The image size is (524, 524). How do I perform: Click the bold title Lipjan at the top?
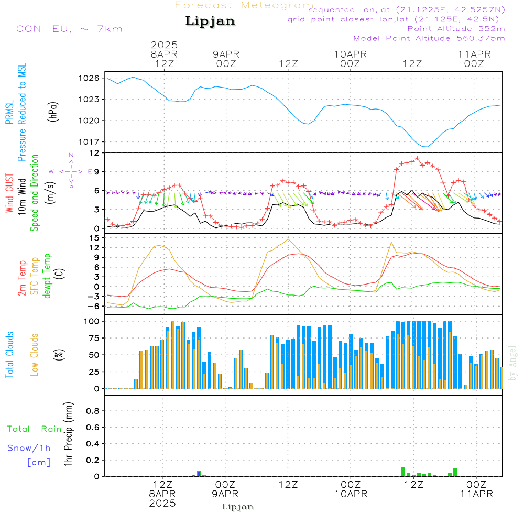[x=210, y=21]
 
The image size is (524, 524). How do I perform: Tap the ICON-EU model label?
[x=42, y=29]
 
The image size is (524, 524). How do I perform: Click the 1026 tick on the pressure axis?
[x=89, y=78]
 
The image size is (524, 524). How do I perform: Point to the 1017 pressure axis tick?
[x=89, y=142]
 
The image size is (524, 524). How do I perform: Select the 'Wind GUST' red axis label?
[x=9, y=193]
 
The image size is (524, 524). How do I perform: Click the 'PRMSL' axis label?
[x=9, y=112]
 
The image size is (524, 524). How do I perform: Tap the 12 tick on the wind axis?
[x=95, y=153]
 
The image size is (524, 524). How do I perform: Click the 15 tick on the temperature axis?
[x=95, y=238]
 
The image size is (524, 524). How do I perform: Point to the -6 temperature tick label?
[x=93, y=306]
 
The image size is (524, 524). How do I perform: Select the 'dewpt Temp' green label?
[x=47, y=276]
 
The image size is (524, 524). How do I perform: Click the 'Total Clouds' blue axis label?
[x=9, y=355]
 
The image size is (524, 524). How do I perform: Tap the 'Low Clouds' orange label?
[x=35, y=355]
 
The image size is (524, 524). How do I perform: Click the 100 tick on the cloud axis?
[x=92, y=322]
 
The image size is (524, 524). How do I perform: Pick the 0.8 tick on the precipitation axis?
[x=93, y=411]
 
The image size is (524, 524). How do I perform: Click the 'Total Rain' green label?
[x=35, y=429]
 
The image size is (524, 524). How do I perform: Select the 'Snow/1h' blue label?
[x=29, y=448]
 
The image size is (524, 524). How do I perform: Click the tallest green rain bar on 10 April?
[x=403, y=472]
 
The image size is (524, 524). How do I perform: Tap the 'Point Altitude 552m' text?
[x=456, y=29]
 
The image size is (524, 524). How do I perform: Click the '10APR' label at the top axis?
[x=350, y=54]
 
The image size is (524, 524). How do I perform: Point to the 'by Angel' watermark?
[x=512, y=363]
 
